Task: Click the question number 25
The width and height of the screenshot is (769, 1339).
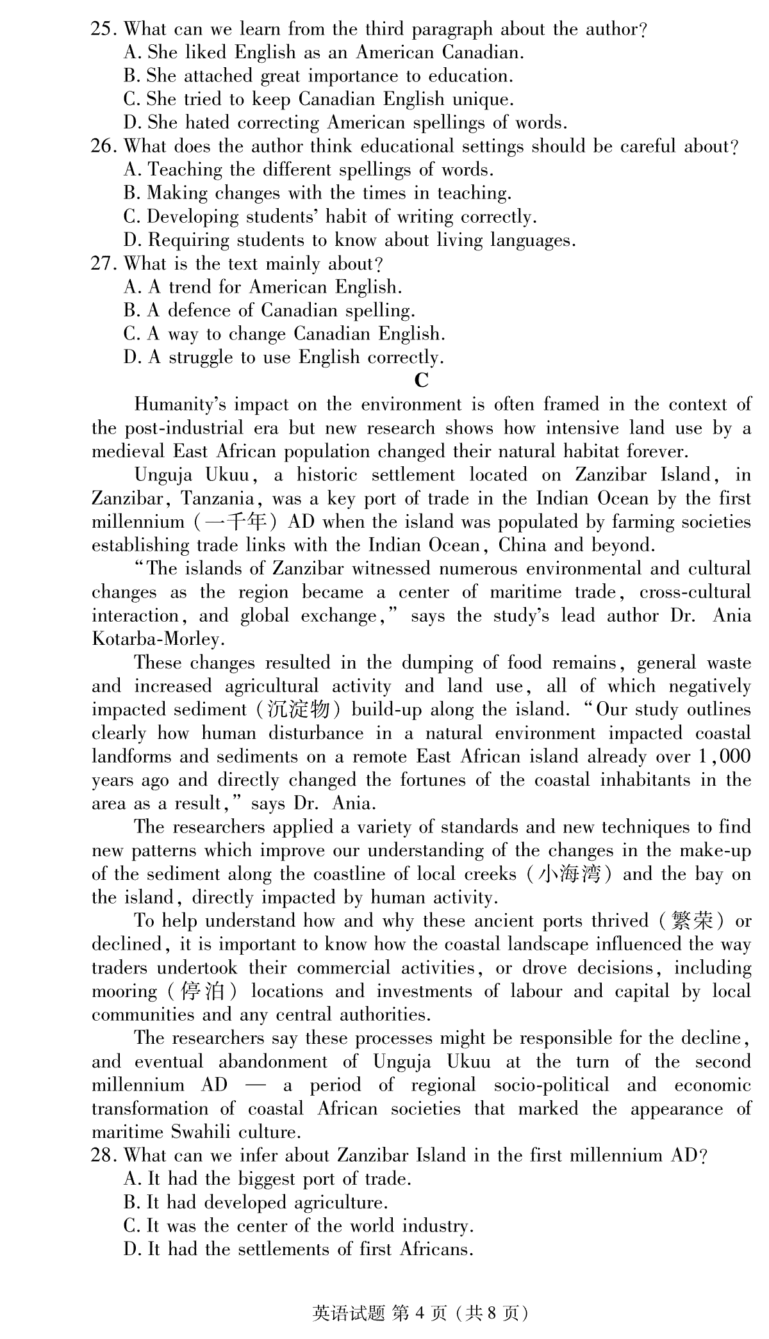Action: (103, 29)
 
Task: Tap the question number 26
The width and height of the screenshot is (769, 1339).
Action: (103, 147)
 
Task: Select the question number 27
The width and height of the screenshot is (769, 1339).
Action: (103, 264)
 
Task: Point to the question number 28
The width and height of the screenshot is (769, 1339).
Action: (103, 1156)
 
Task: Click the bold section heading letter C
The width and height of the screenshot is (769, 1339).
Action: (421, 381)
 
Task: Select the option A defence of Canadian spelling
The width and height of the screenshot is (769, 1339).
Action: (269, 311)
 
